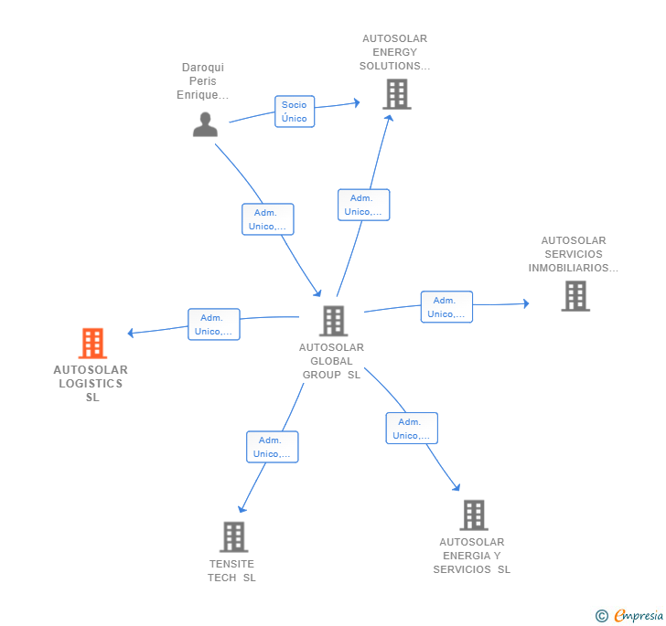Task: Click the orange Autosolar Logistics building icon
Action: (92, 344)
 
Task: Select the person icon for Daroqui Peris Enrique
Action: (205, 124)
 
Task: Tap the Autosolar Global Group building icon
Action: (334, 321)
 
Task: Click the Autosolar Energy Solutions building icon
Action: (396, 94)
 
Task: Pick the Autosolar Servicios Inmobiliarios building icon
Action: (575, 296)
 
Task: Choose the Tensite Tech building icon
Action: (233, 536)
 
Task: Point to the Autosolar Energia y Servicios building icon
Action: (473, 515)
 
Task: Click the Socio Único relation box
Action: (295, 111)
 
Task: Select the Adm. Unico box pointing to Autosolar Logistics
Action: (214, 324)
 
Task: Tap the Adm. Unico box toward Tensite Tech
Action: (272, 447)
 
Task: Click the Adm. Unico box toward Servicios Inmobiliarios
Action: (446, 307)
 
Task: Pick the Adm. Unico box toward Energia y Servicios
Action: (412, 429)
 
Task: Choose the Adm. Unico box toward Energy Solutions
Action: (363, 205)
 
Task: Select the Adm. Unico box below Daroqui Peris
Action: (268, 219)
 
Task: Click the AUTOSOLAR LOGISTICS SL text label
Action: (91, 384)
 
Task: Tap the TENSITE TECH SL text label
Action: (231, 571)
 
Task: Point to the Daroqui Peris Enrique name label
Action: (203, 81)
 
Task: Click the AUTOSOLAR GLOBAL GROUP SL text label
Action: (331, 361)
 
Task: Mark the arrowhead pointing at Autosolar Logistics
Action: (131, 333)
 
